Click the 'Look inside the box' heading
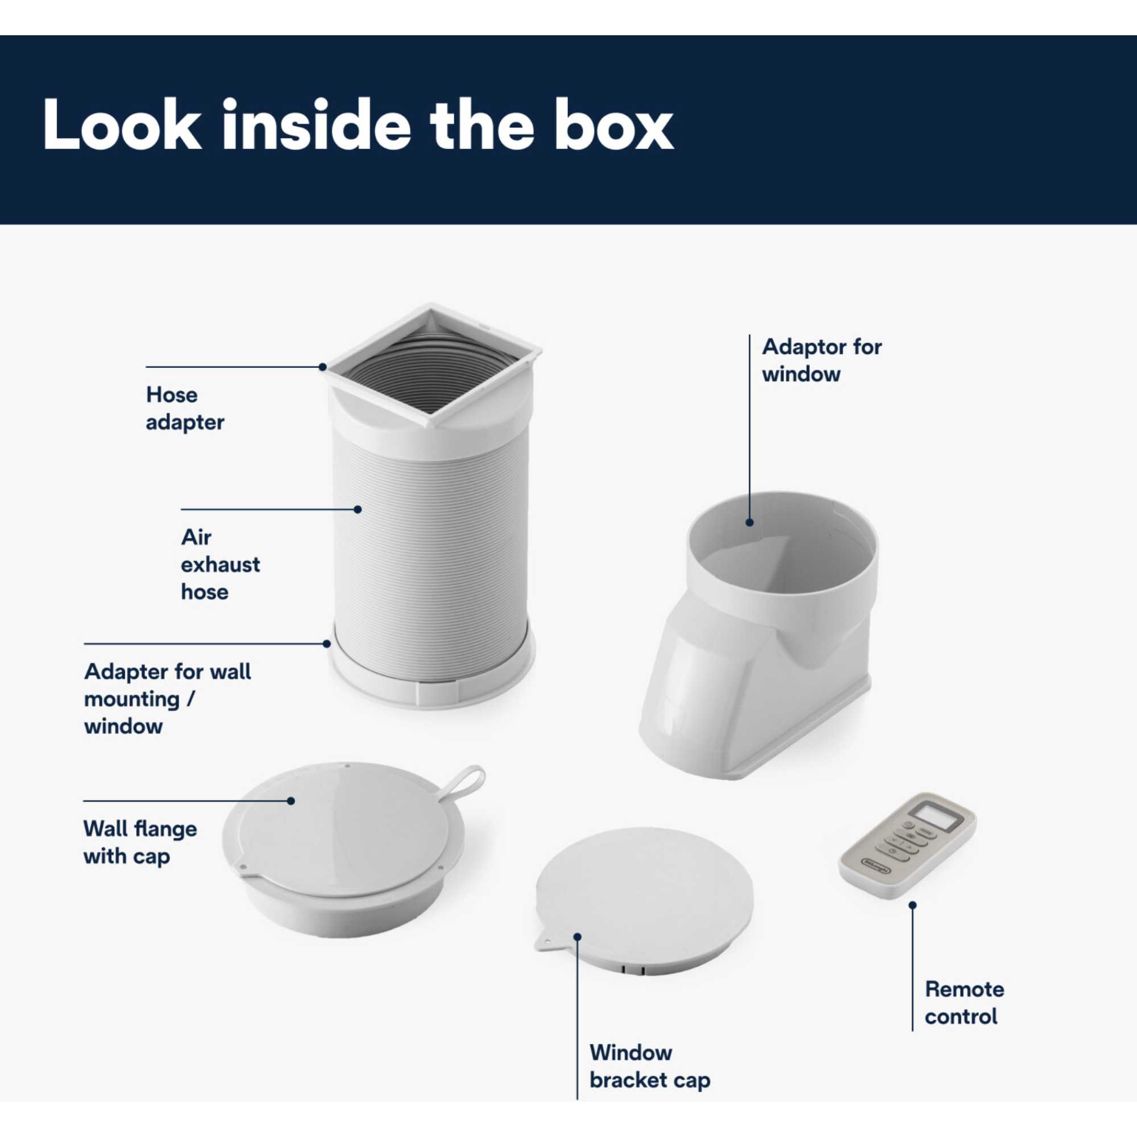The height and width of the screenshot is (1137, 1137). coord(358,125)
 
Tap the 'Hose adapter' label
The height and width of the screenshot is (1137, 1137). coord(185,408)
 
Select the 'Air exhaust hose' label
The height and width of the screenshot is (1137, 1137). coord(220,565)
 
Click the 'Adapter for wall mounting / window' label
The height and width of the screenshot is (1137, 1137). coord(167,699)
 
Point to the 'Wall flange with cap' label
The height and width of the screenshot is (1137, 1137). coord(140,842)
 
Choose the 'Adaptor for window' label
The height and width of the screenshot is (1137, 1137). coord(821,360)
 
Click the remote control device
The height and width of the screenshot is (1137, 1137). coord(907,845)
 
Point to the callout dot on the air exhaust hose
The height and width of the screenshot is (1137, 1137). coord(358,509)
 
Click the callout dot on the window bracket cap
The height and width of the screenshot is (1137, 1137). coord(578,936)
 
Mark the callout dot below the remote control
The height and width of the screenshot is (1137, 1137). coord(913,905)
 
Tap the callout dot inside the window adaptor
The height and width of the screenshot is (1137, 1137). coord(749,522)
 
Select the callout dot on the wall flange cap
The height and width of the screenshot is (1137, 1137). coord(291,800)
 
